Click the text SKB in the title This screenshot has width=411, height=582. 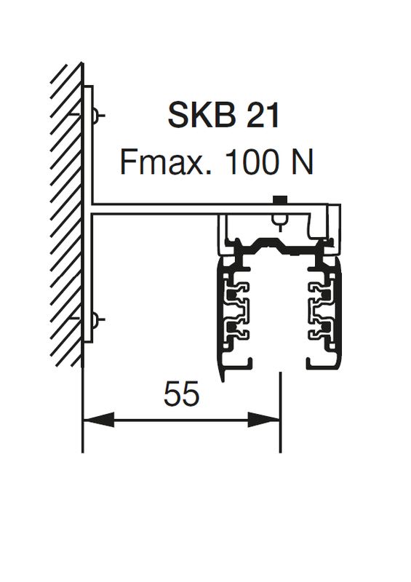click(201, 116)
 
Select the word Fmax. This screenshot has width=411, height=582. click(166, 162)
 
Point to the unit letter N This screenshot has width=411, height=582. click(302, 162)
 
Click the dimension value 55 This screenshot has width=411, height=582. click(182, 394)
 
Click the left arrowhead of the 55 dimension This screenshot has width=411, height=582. click(98, 420)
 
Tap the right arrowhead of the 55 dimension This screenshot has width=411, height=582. click(264, 420)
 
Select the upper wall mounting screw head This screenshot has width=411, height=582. click(96, 116)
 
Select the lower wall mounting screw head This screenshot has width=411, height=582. click(96, 319)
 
